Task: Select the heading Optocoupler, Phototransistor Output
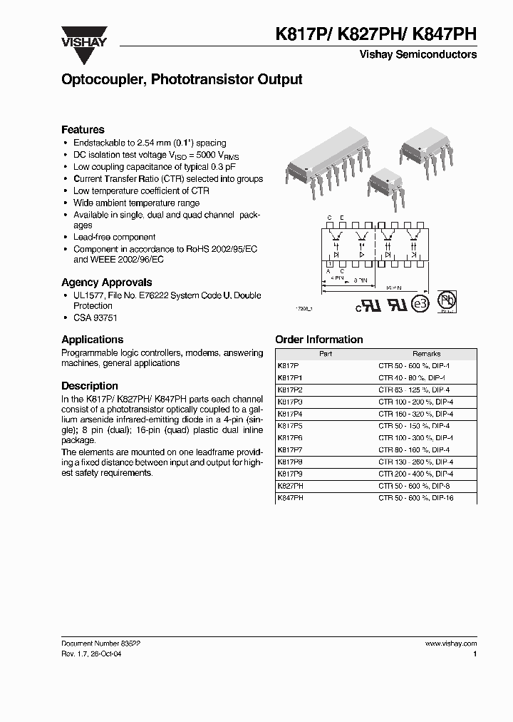click(x=182, y=80)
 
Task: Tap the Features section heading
click(x=83, y=130)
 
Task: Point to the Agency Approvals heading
click(x=106, y=282)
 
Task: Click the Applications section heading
click(x=92, y=340)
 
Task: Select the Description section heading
click(x=89, y=386)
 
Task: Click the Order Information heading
click(x=318, y=340)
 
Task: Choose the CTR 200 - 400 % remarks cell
click(x=414, y=473)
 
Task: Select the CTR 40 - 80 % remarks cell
click(x=412, y=377)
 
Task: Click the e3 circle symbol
click(x=422, y=303)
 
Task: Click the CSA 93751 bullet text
click(x=97, y=320)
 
